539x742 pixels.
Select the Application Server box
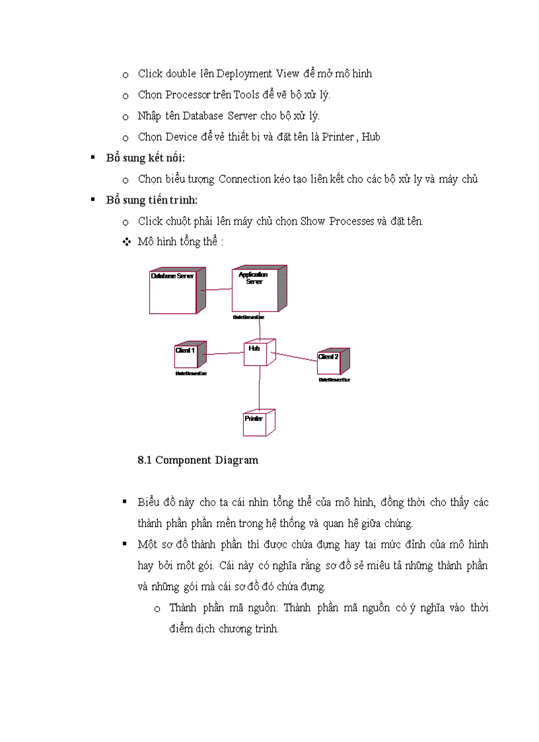256,289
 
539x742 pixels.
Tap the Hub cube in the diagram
258,353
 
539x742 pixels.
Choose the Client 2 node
332,361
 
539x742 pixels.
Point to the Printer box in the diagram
257,423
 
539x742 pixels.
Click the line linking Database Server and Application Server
218,289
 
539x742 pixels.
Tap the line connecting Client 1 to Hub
225,353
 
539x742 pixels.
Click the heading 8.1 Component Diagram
198,460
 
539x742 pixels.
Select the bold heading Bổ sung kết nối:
145,158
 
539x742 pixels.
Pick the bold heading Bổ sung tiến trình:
151,200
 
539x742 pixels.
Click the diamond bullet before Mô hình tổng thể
127,242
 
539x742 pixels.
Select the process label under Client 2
334,380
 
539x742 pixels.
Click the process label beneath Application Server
248,317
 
